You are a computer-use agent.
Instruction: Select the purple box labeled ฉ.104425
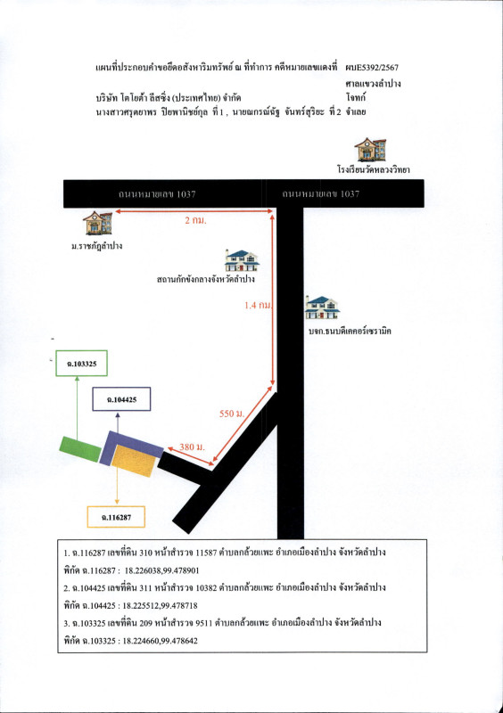(121, 400)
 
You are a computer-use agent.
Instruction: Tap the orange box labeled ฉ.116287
(115, 516)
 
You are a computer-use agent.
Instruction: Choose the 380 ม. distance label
(188, 445)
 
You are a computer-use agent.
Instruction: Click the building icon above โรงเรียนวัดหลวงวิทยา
(370, 150)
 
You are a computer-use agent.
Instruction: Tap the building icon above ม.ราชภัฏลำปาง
(97, 221)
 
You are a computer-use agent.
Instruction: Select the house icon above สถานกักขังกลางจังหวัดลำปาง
(242, 260)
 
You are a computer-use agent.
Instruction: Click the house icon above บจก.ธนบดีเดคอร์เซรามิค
(322, 308)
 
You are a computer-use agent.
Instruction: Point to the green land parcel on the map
(80, 445)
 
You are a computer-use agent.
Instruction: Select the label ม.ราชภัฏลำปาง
(96, 245)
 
